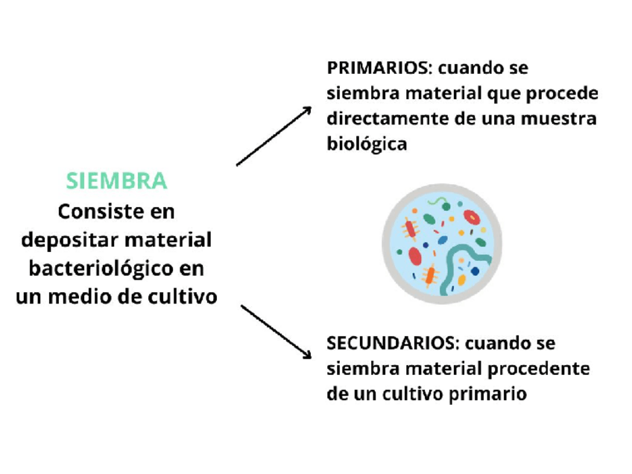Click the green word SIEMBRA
(x=116, y=180)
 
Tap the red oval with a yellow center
(x=471, y=217)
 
